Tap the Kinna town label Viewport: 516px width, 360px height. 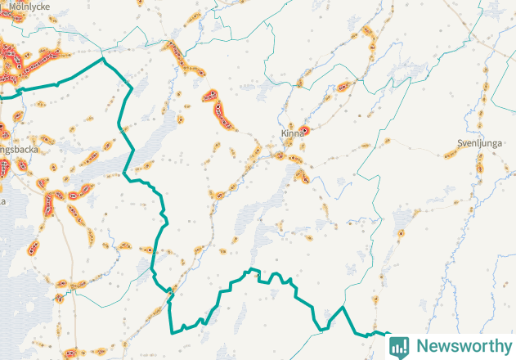point(291,133)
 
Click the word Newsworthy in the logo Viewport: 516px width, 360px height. point(462,346)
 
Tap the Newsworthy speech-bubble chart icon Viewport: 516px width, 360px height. point(400,346)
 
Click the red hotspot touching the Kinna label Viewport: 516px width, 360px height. point(305,130)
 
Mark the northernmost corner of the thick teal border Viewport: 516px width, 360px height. point(103,59)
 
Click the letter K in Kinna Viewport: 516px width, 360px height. point(283,133)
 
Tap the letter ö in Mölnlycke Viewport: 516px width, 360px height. point(17,5)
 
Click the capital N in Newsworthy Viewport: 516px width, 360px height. point(422,346)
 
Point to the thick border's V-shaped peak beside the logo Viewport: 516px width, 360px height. point(342,308)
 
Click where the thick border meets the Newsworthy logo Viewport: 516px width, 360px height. point(388,335)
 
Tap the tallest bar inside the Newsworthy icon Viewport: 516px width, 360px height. point(403,345)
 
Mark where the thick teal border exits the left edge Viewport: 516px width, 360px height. point(2,95)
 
